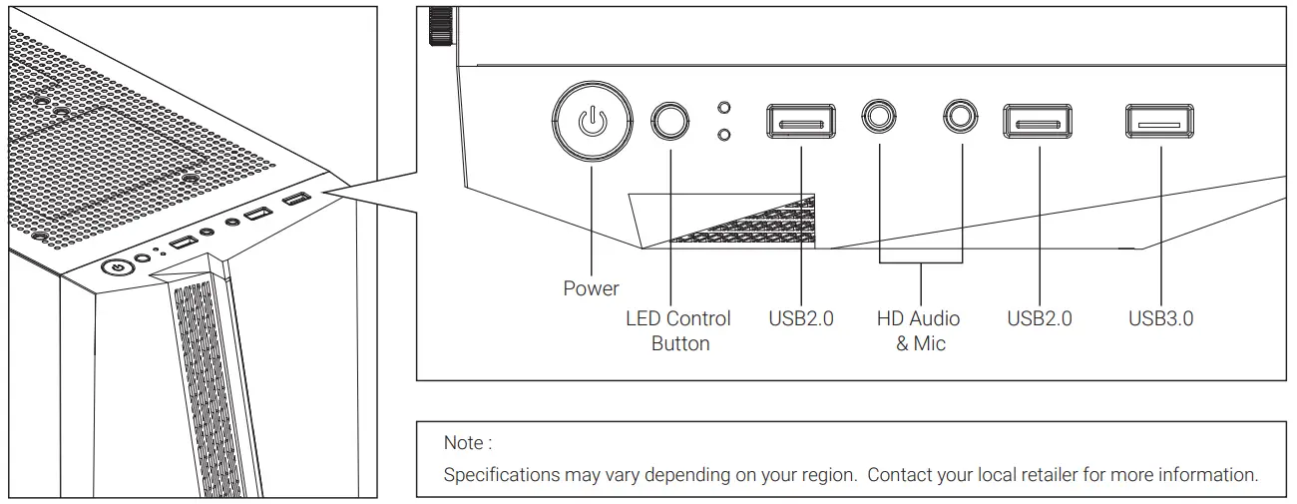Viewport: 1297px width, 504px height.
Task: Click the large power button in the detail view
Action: tap(592, 122)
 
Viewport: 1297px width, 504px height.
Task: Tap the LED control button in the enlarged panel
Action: tap(670, 122)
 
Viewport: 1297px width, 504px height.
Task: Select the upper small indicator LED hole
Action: tap(724, 107)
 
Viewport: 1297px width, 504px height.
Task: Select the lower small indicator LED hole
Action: tap(724, 134)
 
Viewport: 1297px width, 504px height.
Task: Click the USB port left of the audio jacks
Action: tap(801, 122)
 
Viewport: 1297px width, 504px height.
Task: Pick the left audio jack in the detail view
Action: tap(880, 117)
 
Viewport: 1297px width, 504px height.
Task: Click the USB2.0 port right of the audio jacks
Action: tap(1038, 122)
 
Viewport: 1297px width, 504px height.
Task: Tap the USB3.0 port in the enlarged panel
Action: tap(1160, 122)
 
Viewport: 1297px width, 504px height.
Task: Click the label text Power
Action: tap(591, 288)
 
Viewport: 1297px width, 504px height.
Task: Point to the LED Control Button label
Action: tap(678, 330)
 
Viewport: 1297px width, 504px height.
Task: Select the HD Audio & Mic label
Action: tap(919, 330)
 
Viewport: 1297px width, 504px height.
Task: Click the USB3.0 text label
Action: tap(1160, 318)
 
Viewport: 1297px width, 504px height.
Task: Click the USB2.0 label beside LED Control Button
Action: tap(800, 318)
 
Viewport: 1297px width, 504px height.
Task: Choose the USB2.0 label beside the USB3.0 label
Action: tap(1039, 318)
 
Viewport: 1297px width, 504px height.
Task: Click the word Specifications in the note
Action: tap(501, 474)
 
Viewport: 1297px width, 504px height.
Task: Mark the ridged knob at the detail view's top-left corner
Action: tap(440, 27)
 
